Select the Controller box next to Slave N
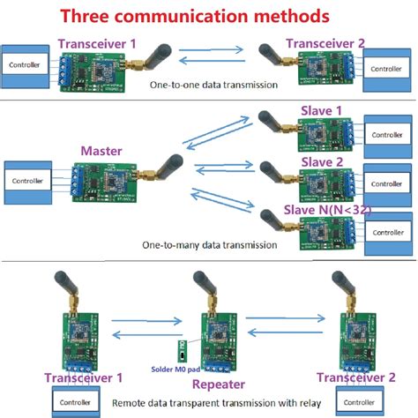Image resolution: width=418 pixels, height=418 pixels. (388, 231)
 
